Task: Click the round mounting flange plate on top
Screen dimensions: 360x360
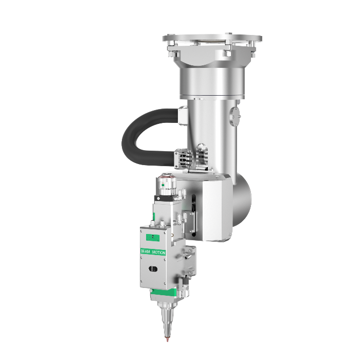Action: (212, 39)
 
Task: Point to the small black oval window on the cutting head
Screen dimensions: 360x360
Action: (153, 269)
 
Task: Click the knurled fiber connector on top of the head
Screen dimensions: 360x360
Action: (166, 183)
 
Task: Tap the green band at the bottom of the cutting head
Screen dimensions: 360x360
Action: (164, 293)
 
